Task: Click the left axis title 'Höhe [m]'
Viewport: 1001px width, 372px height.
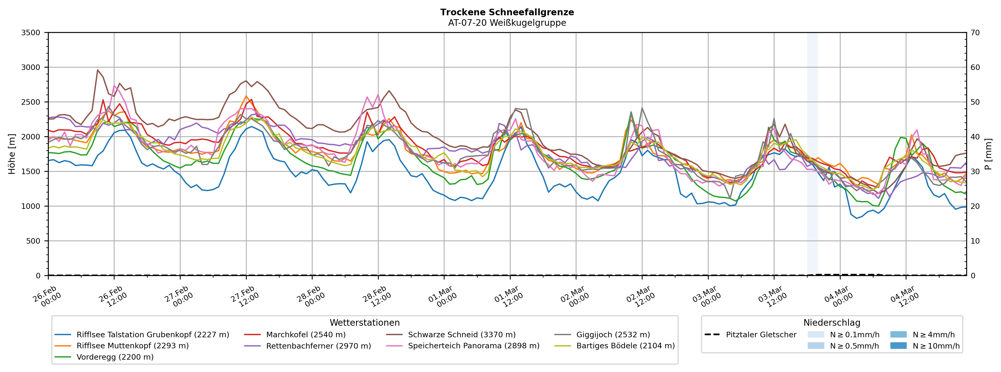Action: (12, 154)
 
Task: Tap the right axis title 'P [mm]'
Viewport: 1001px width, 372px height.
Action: (988, 154)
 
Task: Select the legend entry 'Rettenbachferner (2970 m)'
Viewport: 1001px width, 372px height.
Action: (318, 346)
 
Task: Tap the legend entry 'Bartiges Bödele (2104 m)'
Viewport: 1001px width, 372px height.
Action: (625, 346)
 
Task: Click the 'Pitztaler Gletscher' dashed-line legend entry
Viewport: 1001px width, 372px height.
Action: (761, 335)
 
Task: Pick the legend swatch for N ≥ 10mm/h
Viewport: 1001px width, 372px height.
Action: (898, 346)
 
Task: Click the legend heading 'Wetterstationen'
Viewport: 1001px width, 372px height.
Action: (364, 323)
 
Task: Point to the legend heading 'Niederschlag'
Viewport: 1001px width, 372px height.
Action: (832, 323)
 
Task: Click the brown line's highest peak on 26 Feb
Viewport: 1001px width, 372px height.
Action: (97, 70)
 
